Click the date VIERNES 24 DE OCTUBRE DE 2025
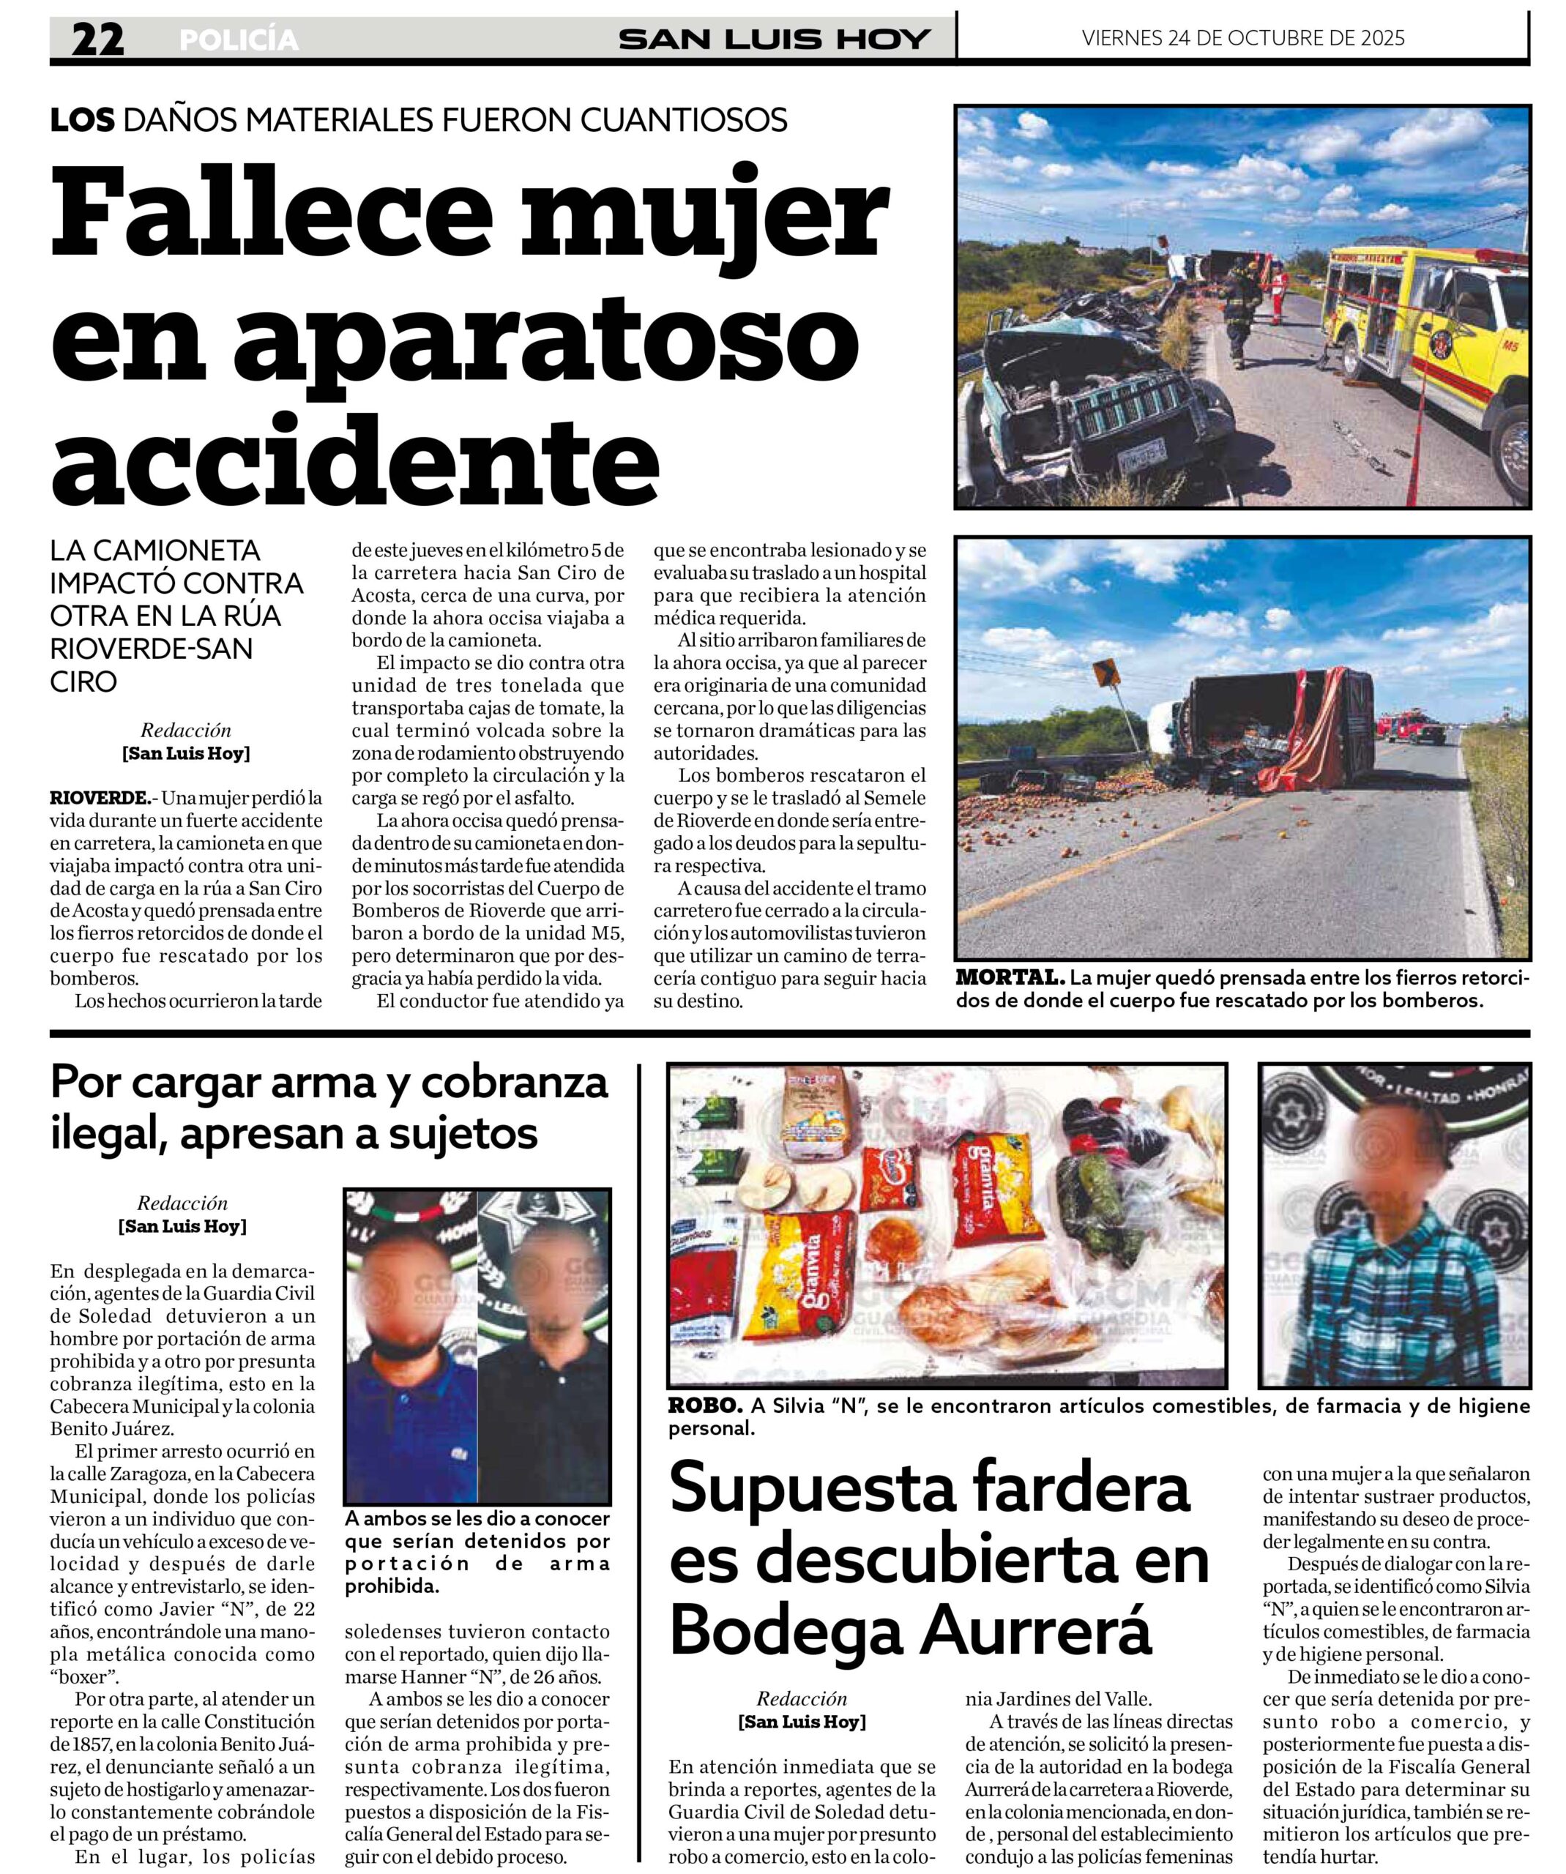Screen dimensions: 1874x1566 pyautogui.click(x=1243, y=37)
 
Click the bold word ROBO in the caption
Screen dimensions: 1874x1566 pyautogui.click(x=705, y=1405)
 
